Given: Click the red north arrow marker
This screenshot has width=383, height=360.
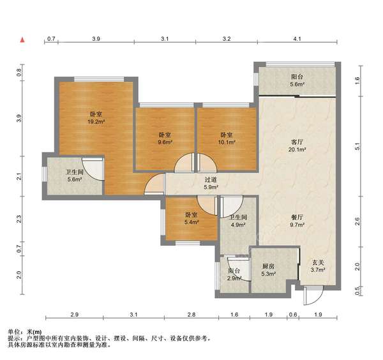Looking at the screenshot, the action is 22,40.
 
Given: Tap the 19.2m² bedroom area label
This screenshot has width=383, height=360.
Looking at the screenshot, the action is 96,118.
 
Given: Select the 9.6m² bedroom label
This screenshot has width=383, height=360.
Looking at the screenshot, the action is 165,139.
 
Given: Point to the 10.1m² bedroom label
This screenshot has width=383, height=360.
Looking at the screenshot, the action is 227,139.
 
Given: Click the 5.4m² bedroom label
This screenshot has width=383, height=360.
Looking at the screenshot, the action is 191,218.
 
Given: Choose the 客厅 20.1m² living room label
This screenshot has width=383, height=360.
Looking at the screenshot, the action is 297,146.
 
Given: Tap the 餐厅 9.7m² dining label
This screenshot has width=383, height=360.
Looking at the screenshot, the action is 297,221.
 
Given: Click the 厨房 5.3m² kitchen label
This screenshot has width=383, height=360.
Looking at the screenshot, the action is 269,270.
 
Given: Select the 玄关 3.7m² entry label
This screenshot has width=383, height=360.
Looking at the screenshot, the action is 318,266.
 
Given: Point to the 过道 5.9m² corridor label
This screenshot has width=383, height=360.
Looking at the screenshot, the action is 211,183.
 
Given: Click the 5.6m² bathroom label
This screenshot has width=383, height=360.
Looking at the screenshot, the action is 75,176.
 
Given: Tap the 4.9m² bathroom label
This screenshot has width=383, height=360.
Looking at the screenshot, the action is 238,221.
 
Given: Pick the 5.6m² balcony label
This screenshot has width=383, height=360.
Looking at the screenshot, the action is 297,80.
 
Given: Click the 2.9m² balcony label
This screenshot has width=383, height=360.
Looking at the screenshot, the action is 234,274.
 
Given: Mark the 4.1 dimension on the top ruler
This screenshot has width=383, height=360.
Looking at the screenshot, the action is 297,39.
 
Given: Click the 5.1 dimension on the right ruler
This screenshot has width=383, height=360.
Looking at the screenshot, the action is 357,146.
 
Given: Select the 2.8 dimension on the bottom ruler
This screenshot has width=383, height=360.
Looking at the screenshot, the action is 191,315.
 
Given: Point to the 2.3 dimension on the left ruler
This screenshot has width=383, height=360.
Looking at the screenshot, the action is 19,219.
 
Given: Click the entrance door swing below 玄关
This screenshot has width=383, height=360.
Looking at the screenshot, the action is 313,296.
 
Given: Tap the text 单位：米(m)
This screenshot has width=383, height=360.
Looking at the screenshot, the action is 25,332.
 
